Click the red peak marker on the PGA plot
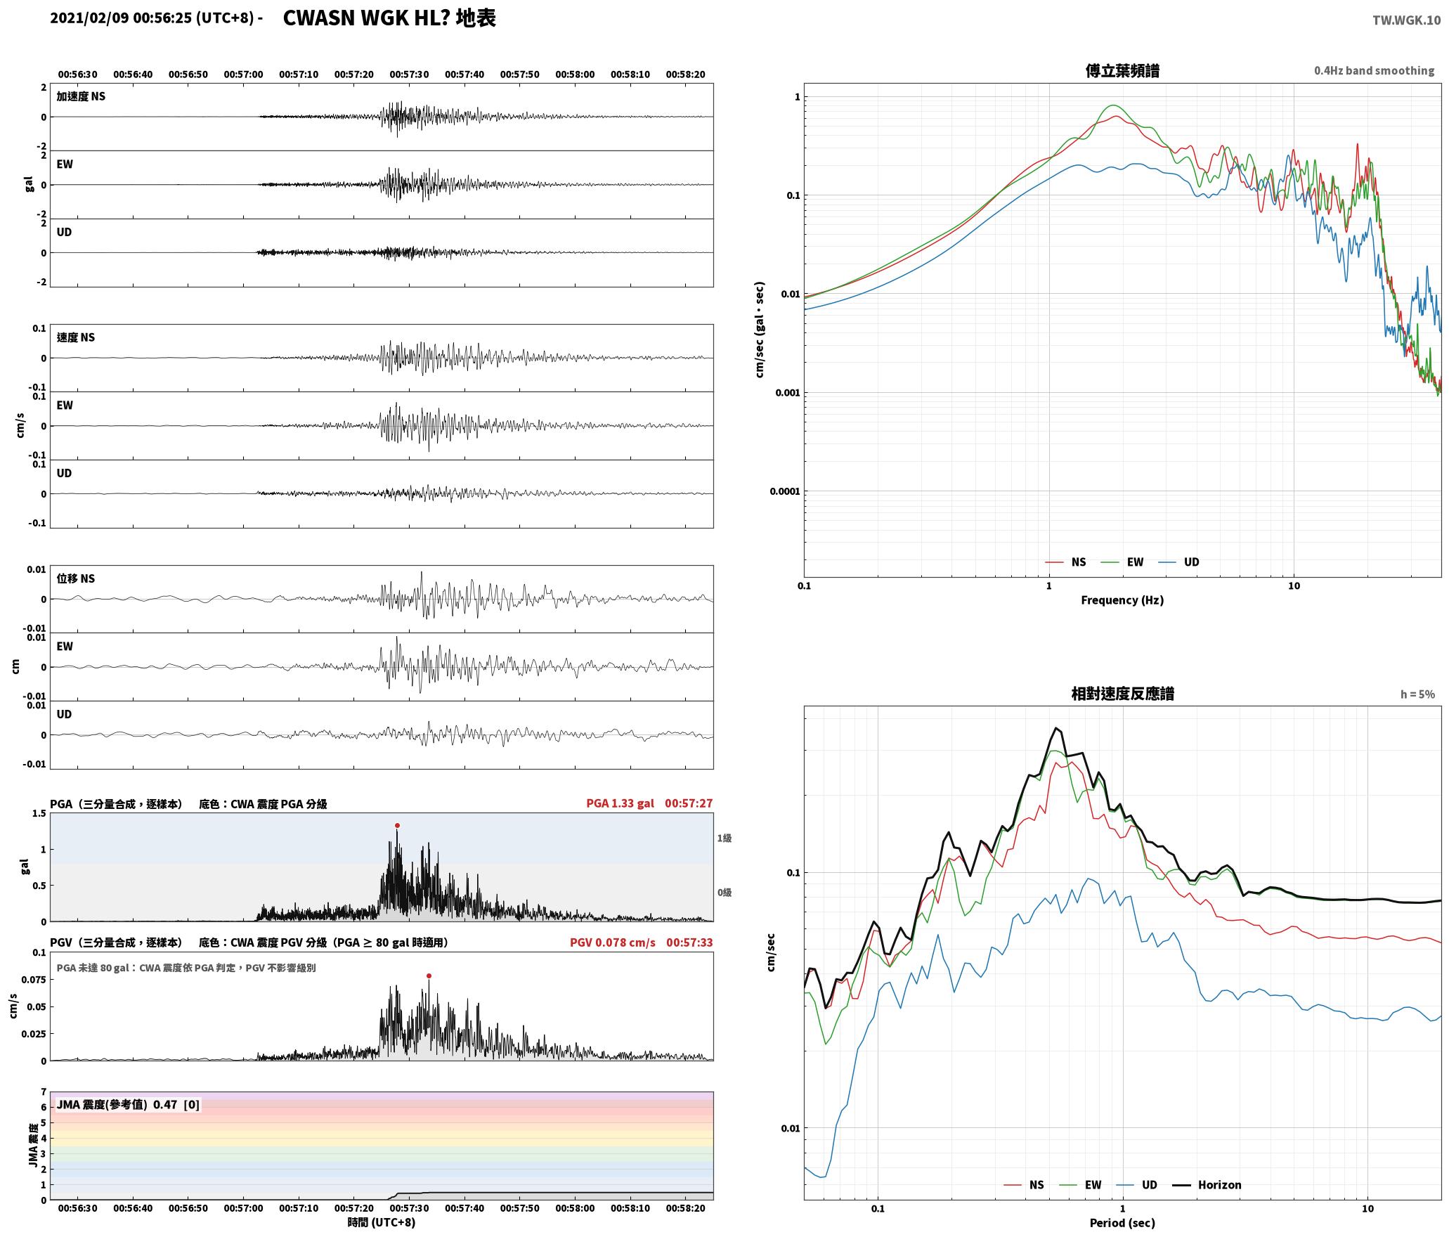(397, 826)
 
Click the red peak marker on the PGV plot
(429, 976)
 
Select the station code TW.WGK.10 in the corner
(1406, 20)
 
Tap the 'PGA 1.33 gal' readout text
(620, 803)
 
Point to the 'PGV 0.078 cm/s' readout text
(612, 943)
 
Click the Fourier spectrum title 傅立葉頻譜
(1122, 71)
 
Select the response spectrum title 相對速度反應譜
(1122, 694)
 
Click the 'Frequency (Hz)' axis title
(1122, 600)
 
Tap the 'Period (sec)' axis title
(1122, 1223)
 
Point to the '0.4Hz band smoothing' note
(1375, 71)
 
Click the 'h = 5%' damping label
(1417, 694)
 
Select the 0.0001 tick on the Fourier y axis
(784, 491)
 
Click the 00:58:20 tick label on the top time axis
(685, 75)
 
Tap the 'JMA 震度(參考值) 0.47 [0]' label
(128, 1105)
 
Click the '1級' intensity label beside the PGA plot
(724, 838)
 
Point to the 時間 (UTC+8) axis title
(382, 1223)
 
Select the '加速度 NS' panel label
(81, 96)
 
